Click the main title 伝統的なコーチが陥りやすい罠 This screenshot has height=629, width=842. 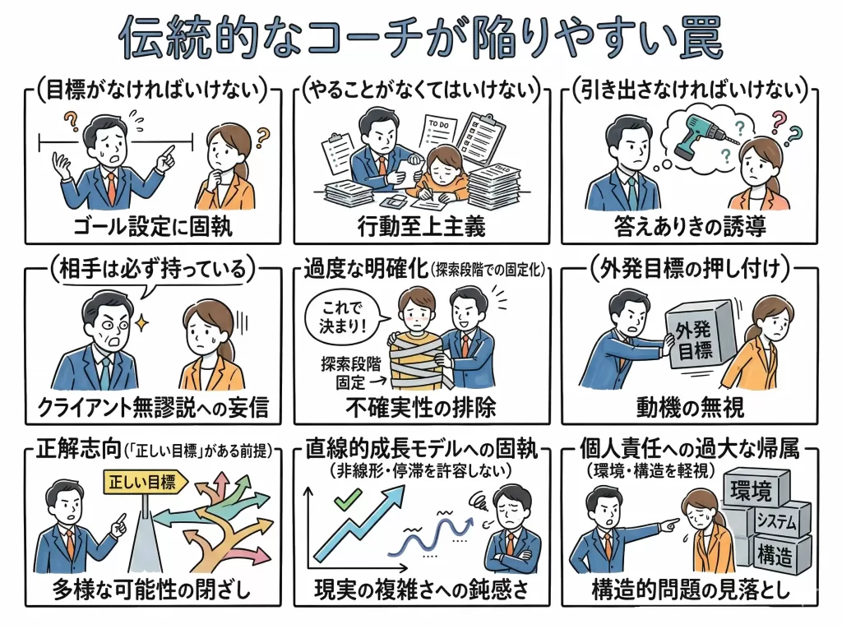420,38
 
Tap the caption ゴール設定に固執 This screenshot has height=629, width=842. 153,227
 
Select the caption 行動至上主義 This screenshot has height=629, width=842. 422,227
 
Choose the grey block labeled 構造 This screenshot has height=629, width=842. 778,554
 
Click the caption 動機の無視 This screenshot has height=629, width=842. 690,408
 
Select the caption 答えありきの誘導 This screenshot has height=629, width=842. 690,227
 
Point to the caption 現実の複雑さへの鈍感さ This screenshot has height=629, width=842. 422,590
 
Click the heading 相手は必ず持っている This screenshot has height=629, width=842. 153,269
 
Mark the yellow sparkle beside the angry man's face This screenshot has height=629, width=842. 141,323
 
